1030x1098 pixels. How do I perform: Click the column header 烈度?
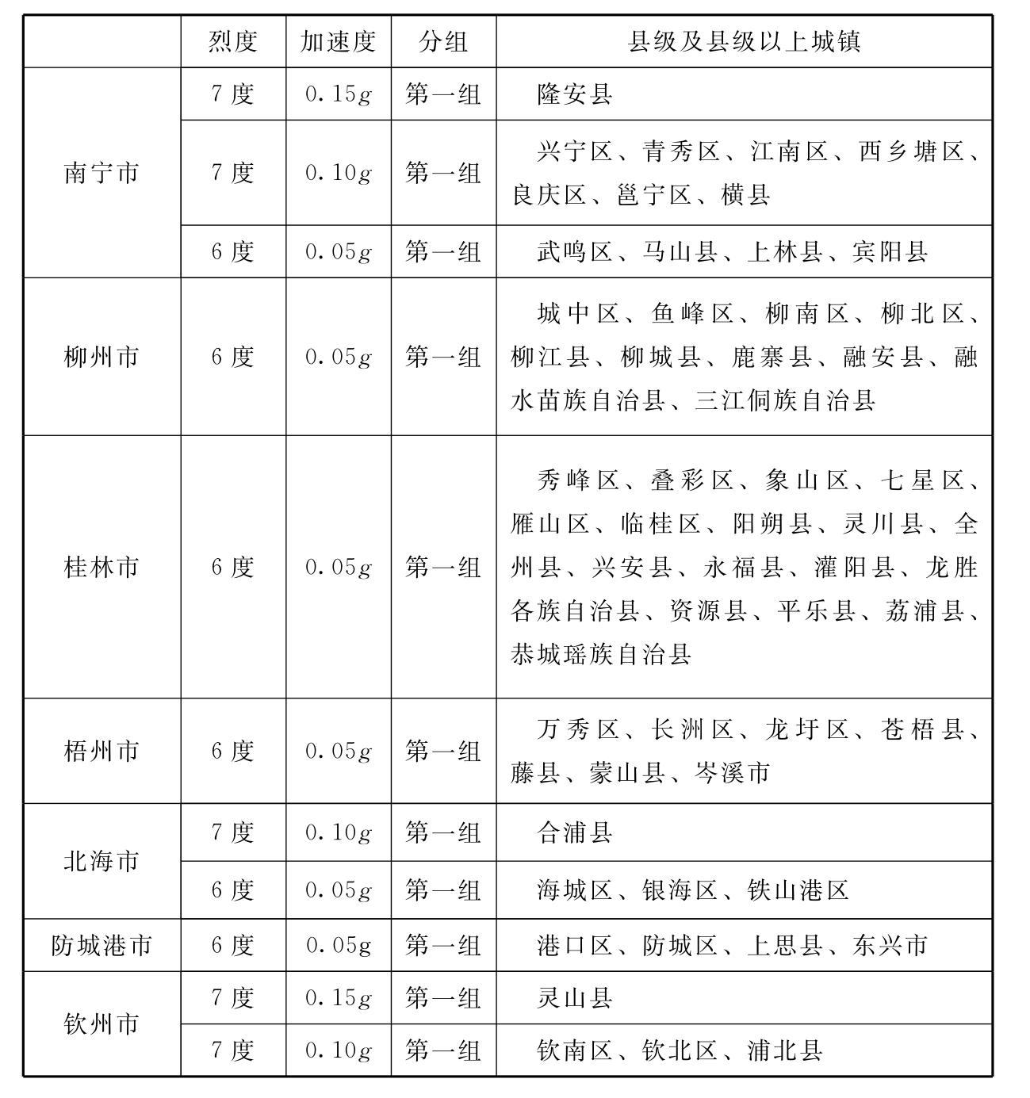click(233, 41)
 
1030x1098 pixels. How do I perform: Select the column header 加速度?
click(338, 41)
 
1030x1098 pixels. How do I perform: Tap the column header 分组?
click(443, 41)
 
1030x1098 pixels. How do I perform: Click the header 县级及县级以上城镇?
click(744, 41)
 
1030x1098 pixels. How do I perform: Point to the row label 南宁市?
click(101, 173)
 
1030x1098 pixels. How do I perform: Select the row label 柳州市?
click(101, 357)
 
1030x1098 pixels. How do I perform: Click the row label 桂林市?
click(101, 567)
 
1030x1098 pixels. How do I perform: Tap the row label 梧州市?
click(101, 751)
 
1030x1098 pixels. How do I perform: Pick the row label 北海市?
click(101, 861)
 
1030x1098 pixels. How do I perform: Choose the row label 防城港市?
click(101, 945)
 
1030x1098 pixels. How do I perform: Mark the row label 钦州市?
click(101, 1023)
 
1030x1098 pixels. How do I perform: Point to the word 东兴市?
click(890, 945)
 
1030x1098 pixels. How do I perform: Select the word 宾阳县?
click(890, 252)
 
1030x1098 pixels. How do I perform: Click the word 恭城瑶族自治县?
click(601, 655)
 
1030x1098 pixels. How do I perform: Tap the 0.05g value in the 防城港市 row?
click(339, 945)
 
